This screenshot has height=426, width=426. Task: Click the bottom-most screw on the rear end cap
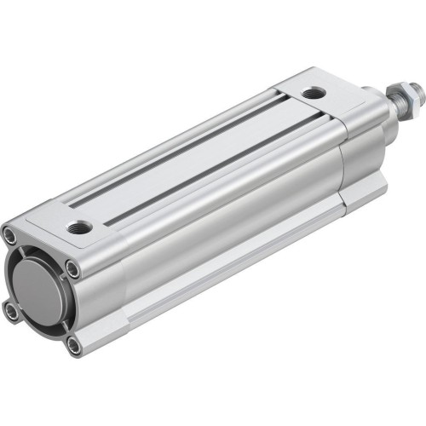click(75, 344)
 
